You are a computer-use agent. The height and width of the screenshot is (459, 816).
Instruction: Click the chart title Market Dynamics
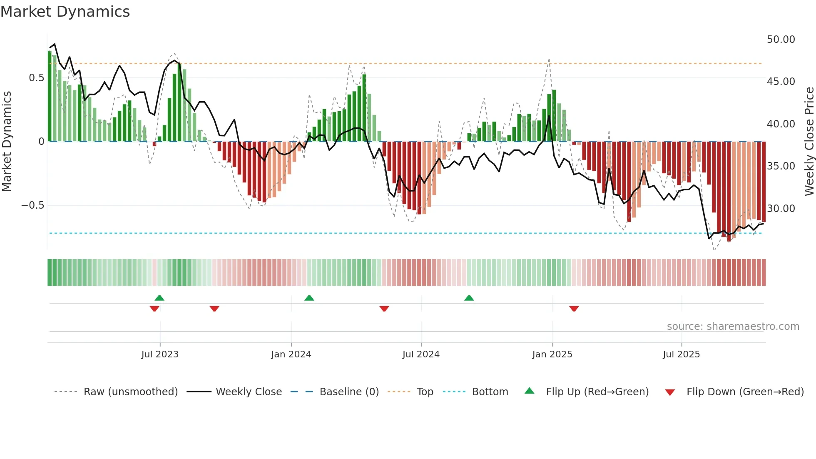click(65, 12)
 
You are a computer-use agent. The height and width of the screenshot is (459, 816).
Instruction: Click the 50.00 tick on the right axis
click(781, 40)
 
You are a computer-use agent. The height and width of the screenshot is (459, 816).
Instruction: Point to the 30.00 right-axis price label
click(781, 208)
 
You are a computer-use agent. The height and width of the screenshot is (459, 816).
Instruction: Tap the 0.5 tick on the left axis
click(36, 78)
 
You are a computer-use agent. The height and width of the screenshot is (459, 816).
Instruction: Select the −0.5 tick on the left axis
click(32, 205)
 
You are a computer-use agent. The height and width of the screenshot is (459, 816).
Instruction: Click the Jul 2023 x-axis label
click(160, 354)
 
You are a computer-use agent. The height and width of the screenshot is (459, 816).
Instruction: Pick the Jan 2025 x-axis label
click(552, 354)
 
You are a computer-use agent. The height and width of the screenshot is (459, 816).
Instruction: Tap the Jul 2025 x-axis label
click(681, 354)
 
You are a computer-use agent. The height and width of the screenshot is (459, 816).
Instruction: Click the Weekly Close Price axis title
click(809, 141)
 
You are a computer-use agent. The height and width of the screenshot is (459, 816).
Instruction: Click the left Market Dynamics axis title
click(7, 141)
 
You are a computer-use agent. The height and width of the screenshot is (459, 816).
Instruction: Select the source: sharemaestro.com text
click(733, 327)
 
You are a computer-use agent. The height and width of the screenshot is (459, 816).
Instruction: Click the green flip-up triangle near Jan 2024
click(309, 298)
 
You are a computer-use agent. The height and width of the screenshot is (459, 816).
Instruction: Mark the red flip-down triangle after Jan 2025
click(574, 309)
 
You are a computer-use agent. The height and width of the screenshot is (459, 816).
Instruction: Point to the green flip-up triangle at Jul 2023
click(159, 298)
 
